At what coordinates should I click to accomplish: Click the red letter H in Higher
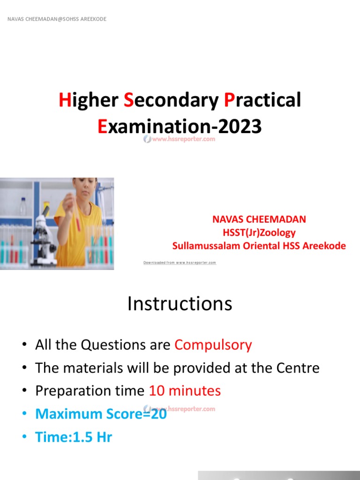64,100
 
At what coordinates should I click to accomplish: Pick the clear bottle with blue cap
23,207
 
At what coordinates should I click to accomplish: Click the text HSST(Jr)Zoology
259,232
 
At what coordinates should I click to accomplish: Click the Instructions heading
180,304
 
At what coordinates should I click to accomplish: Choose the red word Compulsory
213,345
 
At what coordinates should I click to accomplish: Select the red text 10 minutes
185,390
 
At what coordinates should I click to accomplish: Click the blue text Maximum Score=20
101,414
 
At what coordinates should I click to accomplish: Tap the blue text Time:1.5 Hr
74,437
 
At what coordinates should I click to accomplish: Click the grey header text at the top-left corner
56,19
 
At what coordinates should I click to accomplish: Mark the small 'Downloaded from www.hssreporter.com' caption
180,262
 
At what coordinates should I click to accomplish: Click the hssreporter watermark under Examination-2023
180,139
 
